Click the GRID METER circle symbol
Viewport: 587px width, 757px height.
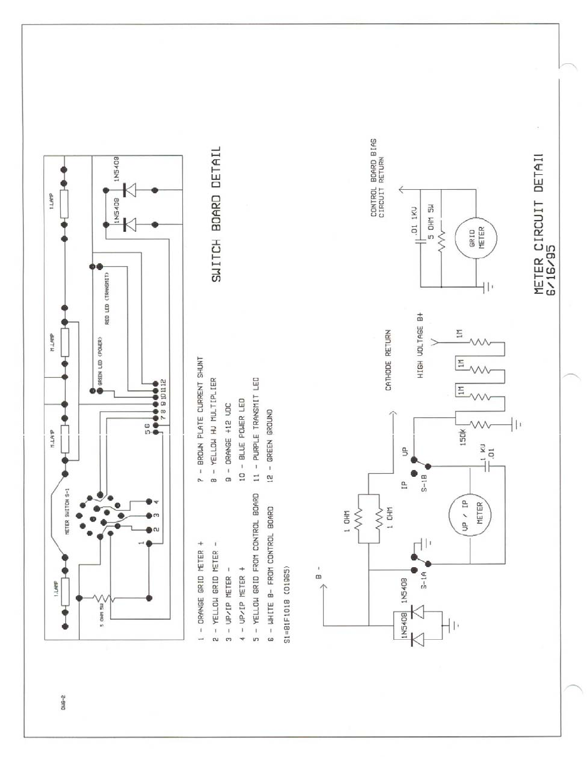coord(476,239)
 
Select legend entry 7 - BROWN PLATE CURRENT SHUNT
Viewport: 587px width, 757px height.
coord(200,424)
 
